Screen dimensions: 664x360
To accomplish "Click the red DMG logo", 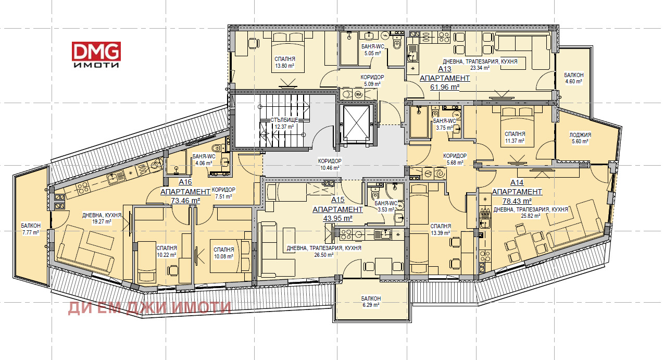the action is point(96,51).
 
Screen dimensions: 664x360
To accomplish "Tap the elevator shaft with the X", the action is point(356,123).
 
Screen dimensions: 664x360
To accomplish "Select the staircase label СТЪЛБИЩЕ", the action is point(284,120).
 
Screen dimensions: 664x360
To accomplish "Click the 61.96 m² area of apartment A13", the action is point(445,87).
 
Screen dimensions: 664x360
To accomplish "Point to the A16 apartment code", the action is point(185,182).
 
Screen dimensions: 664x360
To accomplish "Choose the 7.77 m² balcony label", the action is point(31,229).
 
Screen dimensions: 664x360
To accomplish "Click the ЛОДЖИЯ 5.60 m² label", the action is point(580,138).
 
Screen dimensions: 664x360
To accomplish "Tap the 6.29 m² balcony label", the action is point(371,302).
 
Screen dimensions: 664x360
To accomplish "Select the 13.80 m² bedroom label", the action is point(284,63).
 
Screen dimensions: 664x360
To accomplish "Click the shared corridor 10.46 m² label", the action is point(330,164).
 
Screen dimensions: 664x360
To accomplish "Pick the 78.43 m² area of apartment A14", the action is point(517,201).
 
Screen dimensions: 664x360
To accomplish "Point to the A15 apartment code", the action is point(337,200).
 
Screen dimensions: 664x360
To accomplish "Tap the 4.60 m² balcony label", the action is point(573,78).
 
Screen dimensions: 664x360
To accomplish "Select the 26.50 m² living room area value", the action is point(324,255).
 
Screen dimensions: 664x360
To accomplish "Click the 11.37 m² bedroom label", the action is point(515,138).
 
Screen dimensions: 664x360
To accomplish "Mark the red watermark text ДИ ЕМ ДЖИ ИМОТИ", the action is point(149,308).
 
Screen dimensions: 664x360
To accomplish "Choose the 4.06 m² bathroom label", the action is point(204,159).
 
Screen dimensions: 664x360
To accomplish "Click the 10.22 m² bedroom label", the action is point(166,251).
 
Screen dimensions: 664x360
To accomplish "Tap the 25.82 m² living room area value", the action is point(530,216).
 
